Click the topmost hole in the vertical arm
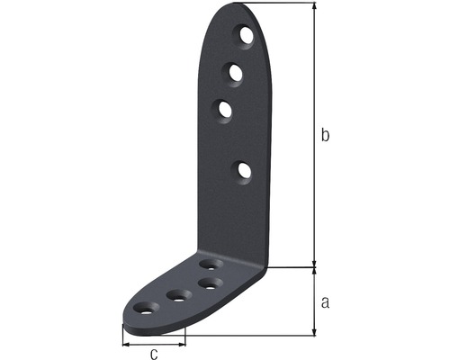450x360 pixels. pyautogui.click(x=247, y=35)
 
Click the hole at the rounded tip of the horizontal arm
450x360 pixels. pyautogui.click(x=146, y=309)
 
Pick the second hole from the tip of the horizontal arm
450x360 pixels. pyautogui.click(x=180, y=296)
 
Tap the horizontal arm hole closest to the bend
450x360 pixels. pyautogui.click(x=211, y=265)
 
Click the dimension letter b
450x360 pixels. pyautogui.click(x=325, y=135)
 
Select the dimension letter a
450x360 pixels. pyautogui.click(x=325, y=302)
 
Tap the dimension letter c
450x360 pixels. pyautogui.click(x=154, y=354)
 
